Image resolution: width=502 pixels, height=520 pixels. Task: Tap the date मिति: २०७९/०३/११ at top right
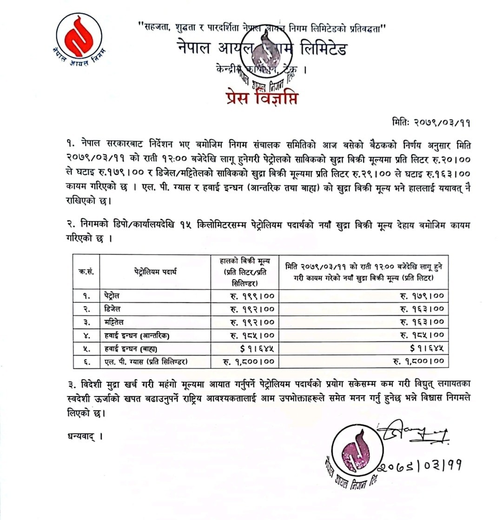coord(431,123)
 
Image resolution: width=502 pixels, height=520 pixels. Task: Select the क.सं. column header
coord(86,272)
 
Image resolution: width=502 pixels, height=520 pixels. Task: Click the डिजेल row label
coord(114,308)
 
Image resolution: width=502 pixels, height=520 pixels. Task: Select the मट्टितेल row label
coord(115,322)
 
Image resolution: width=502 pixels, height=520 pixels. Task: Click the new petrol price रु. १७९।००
coord(422,295)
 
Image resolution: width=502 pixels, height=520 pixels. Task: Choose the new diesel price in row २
coord(422,308)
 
